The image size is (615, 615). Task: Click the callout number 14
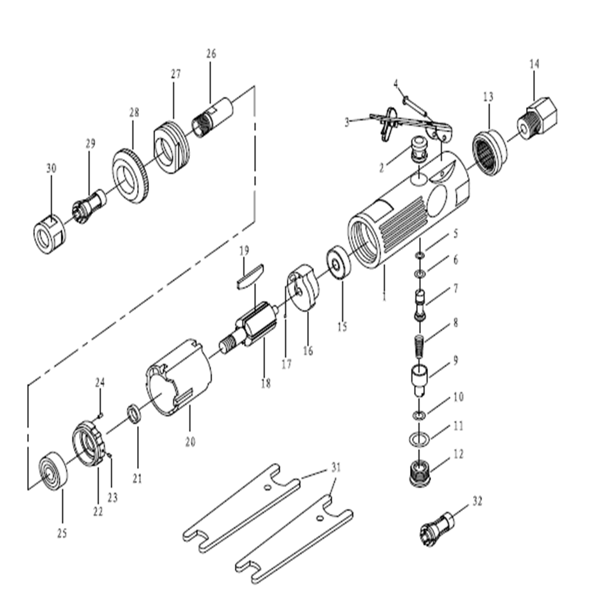pos(534,63)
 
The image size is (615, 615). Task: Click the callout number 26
pos(210,54)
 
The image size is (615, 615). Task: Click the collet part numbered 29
pos(88,204)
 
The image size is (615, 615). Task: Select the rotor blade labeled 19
pos(249,277)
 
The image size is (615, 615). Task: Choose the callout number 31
pos(335,468)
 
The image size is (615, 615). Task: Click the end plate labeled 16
pos(304,289)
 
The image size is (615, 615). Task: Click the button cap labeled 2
pos(418,148)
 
